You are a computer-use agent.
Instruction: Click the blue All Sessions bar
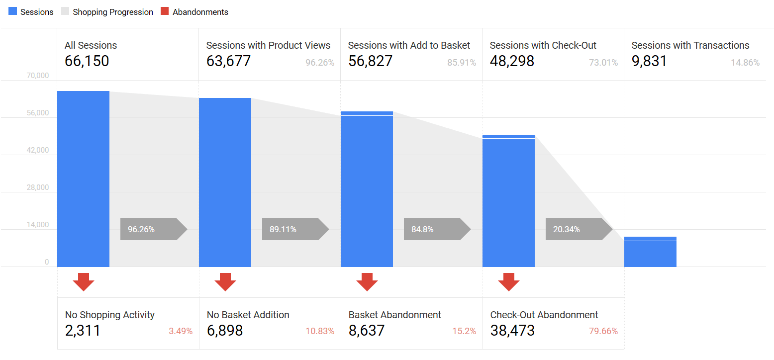click(83, 179)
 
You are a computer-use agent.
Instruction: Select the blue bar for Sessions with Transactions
click(650, 252)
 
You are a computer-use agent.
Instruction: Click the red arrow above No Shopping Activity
click(84, 281)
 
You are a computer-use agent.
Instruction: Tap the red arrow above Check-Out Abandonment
click(509, 281)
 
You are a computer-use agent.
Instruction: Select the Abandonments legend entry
click(194, 12)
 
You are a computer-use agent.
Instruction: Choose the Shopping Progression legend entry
click(107, 12)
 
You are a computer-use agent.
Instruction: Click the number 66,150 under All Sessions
click(87, 61)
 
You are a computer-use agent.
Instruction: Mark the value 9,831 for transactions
click(649, 61)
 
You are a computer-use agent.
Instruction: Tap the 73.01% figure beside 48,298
click(603, 63)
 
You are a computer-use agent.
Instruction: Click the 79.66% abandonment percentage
click(603, 331)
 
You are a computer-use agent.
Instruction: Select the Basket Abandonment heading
click(395, 315)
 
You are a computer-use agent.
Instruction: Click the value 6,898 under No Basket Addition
click(225, 330)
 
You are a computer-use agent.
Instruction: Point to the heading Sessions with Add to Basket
click(409, 45)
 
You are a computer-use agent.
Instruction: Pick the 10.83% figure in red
click(320, 331)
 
